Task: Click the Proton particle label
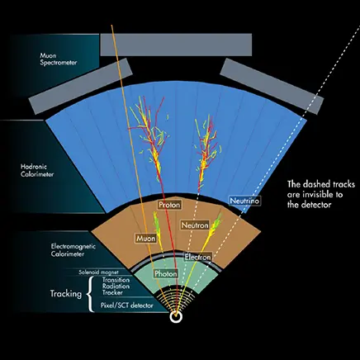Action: click(x=169, y=205)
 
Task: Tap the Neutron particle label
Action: click(x=195, y=225)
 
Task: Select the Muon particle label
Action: click(x=146, y=239)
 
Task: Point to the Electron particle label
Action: click(x=198, y=258)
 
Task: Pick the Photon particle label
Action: click(x=165, y=274)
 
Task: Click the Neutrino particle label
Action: click(x=244, y=201)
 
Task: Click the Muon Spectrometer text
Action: click(x=59, y=59)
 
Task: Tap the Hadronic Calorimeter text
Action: click(x=37, y=170)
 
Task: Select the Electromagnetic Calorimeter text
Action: click(x=73, y=250)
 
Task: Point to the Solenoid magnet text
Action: click(x=98, y=272)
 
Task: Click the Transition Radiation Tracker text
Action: click(x=116, y=287)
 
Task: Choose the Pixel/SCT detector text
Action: click(x=126, y=306)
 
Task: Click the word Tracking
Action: click(x=66, y=294)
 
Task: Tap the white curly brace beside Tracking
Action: click(x=90, y=295)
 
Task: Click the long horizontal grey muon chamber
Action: click(x=176, y=45)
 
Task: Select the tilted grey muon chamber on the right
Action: click(x=272, y=87)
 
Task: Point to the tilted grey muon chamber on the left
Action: click(x=81, y=86)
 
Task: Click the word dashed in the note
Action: click(x=315, y=184)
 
